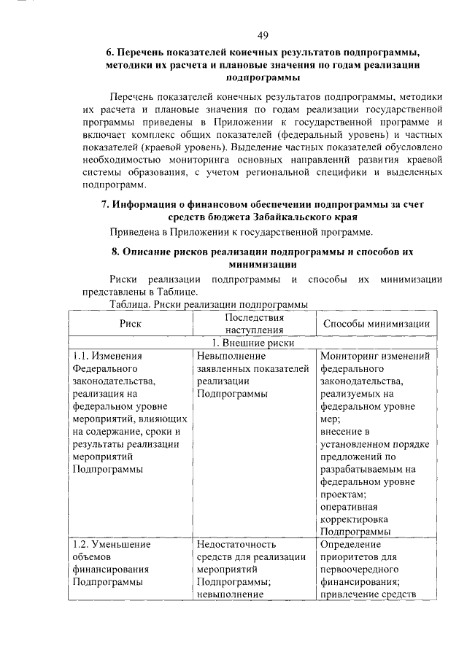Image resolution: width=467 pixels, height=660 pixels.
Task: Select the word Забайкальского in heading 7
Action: [x=288, y=217]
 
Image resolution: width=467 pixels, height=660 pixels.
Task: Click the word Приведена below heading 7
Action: [x=135, y=233]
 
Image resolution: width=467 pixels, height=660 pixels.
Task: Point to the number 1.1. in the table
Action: [x=82, y=357]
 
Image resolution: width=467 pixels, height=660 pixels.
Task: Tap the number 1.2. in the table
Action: [x=83, y=544]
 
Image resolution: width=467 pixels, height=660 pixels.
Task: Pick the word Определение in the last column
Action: [x=350, y=544]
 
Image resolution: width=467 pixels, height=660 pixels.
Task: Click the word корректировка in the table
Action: [x=352, y=519]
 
